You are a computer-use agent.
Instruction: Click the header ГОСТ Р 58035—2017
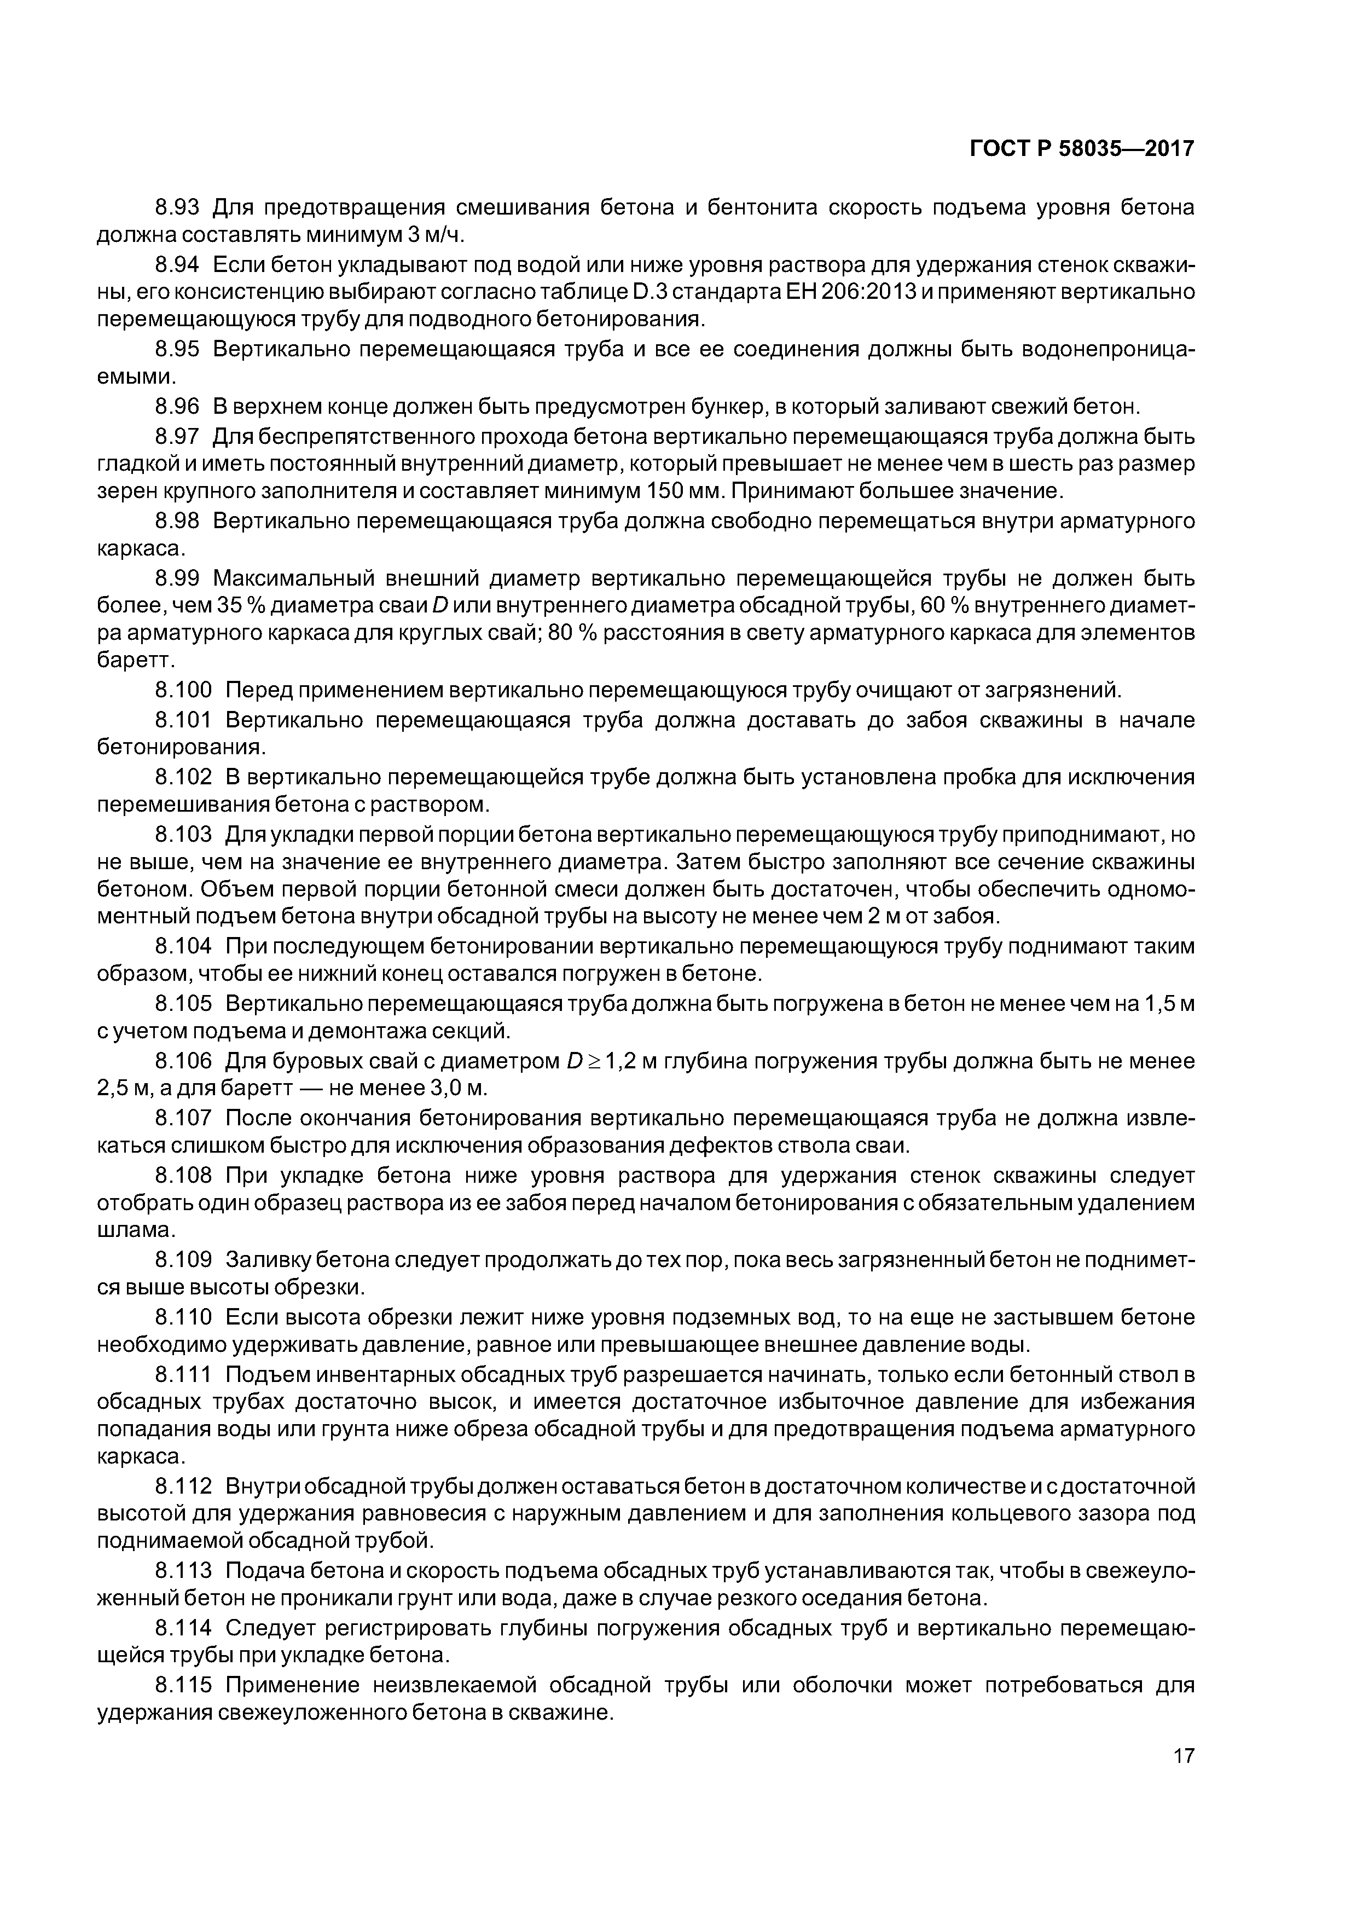click(x=1082, y=149)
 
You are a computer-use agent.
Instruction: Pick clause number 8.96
click(x=177, y=407)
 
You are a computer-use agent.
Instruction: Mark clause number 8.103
click(x=184, y=835)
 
